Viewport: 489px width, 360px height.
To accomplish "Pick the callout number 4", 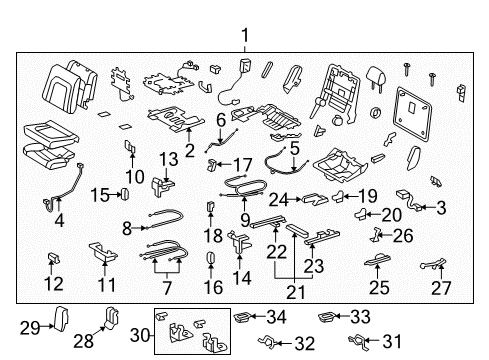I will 60,220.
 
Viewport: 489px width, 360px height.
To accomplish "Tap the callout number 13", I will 168,158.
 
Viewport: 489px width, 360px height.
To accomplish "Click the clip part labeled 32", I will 268,344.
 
